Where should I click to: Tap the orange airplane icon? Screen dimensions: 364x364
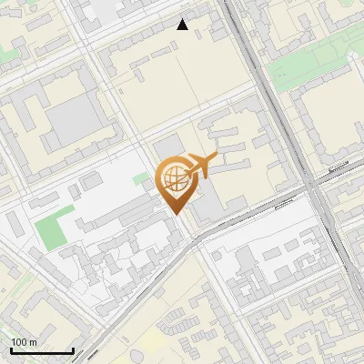pos(200,167)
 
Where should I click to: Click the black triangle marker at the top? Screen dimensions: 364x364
pos(183,25)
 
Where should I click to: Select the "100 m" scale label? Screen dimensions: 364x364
pos(24,342)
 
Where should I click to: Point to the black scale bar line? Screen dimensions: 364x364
pos(42,350)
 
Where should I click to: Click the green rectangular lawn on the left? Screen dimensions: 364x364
pos(55,228)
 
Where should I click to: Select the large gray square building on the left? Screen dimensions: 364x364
pos(72,124)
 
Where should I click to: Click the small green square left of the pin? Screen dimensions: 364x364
pos(140,180)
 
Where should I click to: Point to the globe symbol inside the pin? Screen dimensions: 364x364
pos(173,176)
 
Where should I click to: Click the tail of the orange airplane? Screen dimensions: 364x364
pos(187,169)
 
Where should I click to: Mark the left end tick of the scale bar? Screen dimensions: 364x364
pos(11,349)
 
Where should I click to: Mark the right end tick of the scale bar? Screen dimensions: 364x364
pos(73,349)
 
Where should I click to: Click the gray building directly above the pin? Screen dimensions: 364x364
pos(167,146)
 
